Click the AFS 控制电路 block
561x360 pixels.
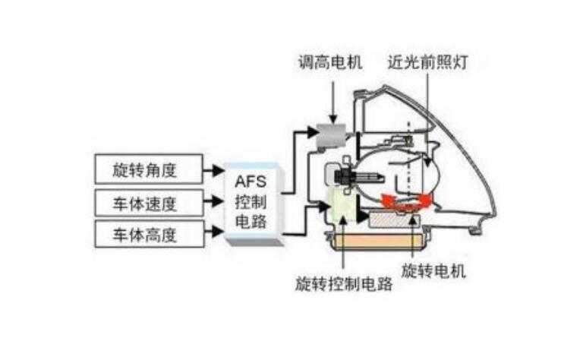tap(254, 201)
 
